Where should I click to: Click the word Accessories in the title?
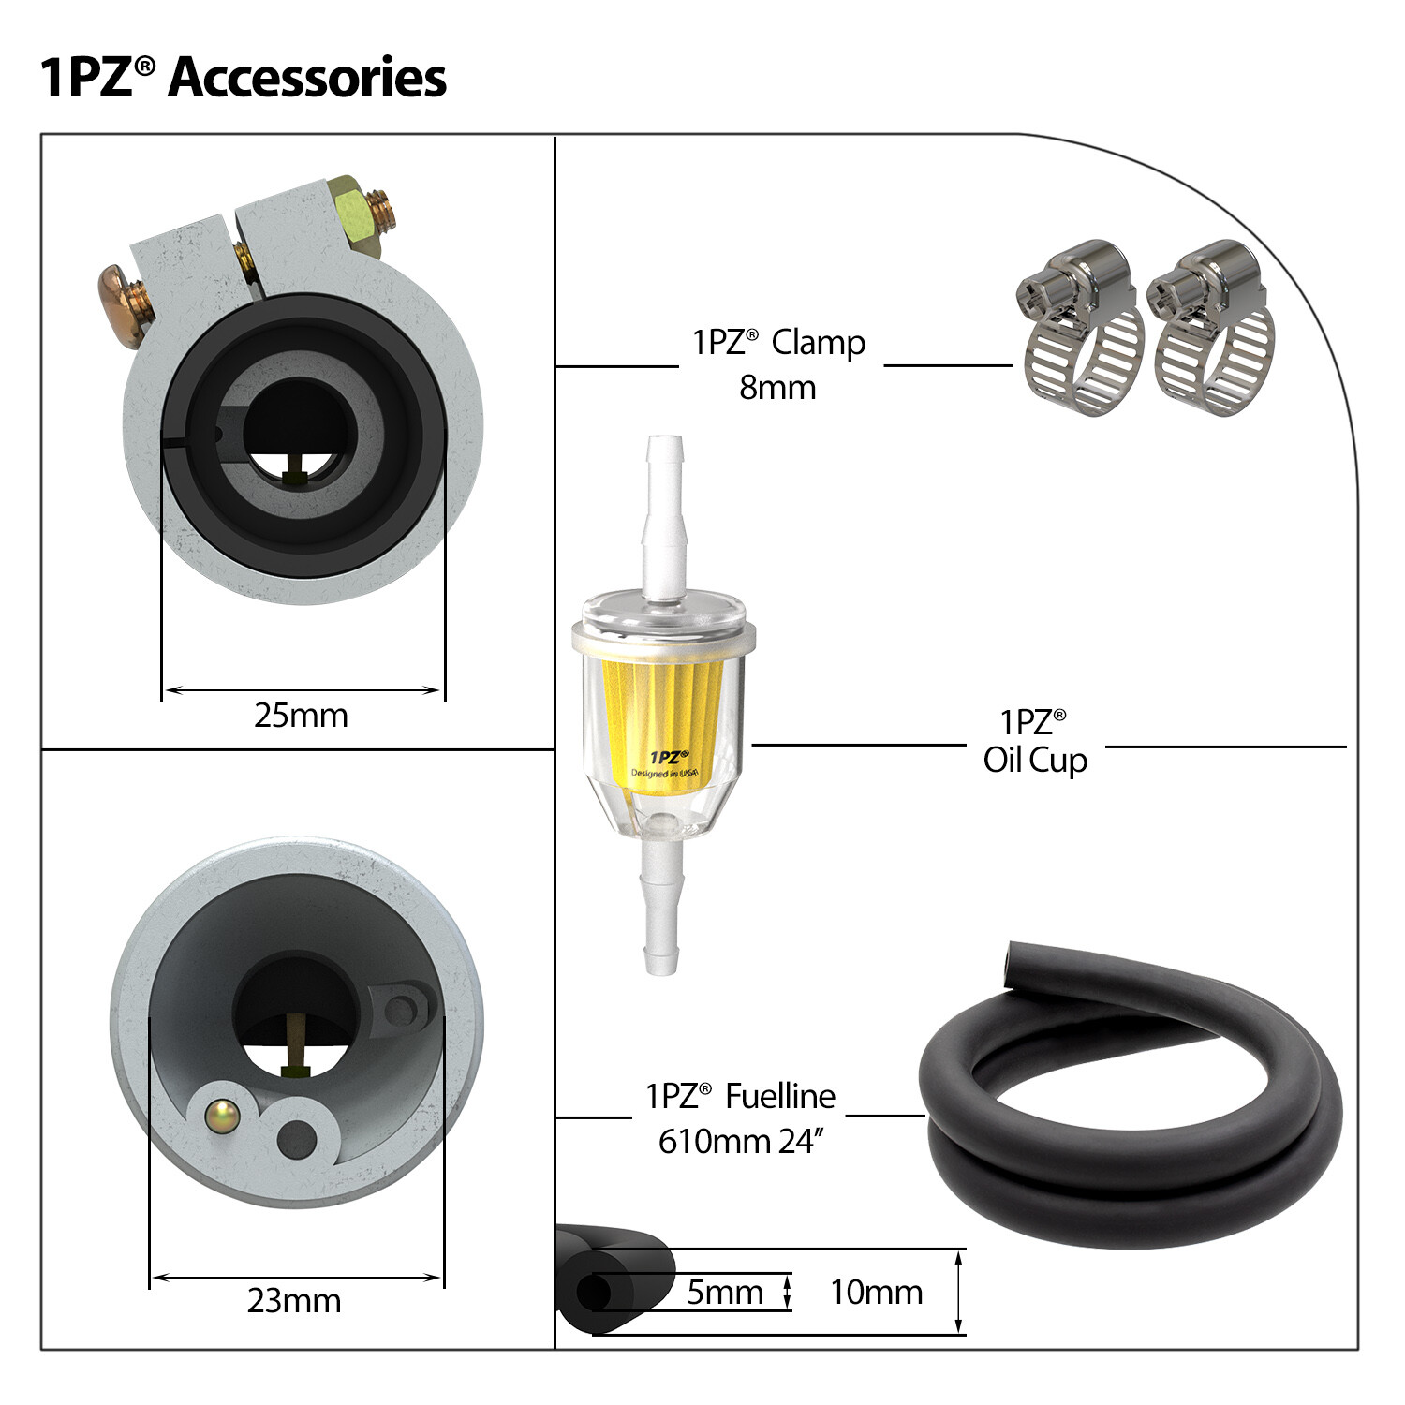(307, 77)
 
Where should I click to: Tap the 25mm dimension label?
(301, 716)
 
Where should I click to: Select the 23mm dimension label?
(294, 1301)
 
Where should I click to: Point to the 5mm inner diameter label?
(725, 1293)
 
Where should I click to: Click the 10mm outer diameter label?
(877, 1293)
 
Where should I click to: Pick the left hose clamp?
(1081, 328)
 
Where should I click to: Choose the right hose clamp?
(1211, 328)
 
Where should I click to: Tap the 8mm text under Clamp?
(777, 388)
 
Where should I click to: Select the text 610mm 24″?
(741, 1142)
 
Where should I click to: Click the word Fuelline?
(780, 1096)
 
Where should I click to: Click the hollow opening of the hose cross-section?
(593, 1294)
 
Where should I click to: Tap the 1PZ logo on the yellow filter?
(669, 757)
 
